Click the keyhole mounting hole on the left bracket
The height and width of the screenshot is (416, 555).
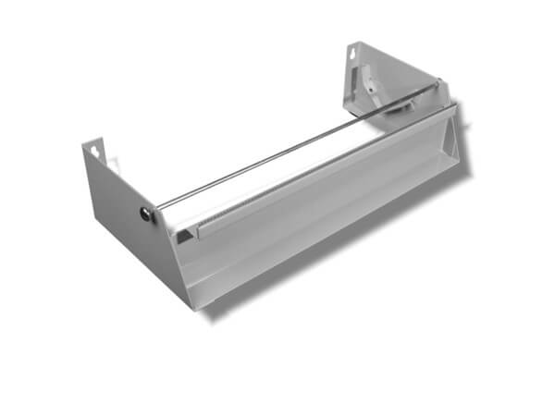tap(95, 148)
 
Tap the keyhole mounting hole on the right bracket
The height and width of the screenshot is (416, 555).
tap(353, 54)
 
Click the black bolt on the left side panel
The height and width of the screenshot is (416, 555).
tap(146, 214)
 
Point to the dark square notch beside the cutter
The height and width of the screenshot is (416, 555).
tap(185, 236)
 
